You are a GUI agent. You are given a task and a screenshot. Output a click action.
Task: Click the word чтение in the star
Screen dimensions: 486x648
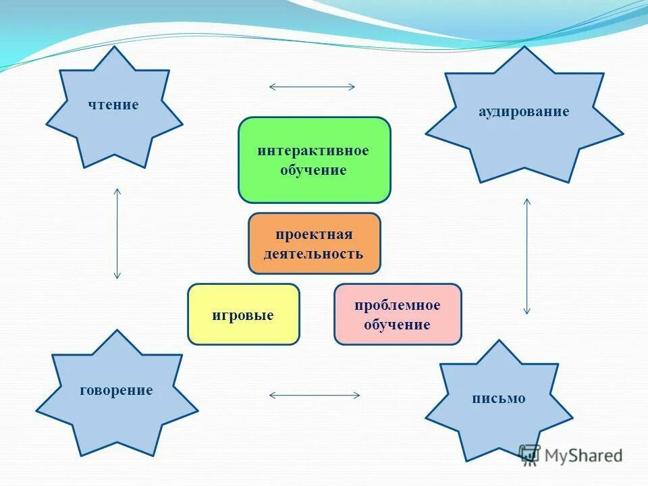coord(113,105)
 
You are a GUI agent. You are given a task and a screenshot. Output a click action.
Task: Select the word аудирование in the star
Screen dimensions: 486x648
coord(524,111)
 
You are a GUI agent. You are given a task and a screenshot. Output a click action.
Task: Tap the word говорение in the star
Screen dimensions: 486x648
coord(116,390)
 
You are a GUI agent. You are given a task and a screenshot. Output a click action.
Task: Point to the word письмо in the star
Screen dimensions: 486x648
coord(498,398)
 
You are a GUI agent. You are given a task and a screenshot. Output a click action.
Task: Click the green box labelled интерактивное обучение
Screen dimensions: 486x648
coord(314,160)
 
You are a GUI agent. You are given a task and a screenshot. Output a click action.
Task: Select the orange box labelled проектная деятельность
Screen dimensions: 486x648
coord(314,244)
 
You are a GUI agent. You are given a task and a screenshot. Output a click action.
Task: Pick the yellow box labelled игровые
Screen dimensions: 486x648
coord(243,315)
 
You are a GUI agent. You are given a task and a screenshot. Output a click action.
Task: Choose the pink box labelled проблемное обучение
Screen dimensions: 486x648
coord(398,315)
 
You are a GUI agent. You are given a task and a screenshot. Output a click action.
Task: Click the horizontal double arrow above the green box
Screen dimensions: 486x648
coord(312,86)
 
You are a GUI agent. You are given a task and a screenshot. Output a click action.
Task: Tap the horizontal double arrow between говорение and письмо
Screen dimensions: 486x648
coord(314,395)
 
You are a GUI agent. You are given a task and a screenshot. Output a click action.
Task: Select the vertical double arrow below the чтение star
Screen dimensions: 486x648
coord(117,234)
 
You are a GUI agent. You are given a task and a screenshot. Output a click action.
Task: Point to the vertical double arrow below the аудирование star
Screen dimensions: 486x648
coord(527,256)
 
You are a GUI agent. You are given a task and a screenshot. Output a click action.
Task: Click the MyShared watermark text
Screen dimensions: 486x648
coord(585,455)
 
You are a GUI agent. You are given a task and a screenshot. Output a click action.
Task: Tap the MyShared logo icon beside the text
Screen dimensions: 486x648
coord(530,454)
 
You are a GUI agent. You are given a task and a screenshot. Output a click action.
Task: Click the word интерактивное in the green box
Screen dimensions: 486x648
coord(313,150)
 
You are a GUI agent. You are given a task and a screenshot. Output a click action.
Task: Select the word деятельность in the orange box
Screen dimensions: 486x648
coord(314,254)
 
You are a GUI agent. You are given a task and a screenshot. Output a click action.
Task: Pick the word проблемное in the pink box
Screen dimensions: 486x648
coord(398,305)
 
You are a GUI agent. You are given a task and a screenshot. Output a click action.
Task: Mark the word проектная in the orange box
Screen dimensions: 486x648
coord(314,234)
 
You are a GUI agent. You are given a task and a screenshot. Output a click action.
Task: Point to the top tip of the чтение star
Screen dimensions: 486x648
coord(113,47)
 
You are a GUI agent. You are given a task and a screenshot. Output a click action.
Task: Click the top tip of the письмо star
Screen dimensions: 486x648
coord(499,341)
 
